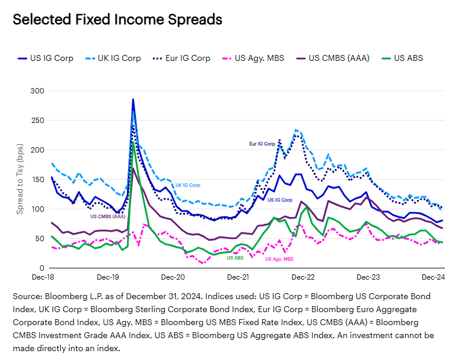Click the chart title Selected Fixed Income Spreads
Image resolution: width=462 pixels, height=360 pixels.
(117, 20)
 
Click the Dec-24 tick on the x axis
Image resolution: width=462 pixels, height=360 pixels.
(433, 277)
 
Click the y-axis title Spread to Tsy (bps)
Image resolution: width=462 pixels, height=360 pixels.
(20, 179)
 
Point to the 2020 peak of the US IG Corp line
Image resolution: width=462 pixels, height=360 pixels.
(133, 99)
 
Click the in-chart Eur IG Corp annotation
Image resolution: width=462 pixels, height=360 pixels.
(262, 143)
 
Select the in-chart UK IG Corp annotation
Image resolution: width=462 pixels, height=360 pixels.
(188, 185)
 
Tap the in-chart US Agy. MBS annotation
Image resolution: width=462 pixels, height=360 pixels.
(279, 259)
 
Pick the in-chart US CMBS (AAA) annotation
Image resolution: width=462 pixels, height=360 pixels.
(108, 216)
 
